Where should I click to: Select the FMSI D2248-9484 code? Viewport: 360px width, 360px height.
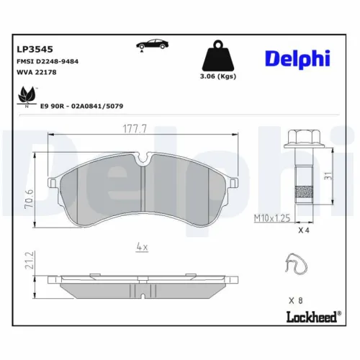click(48, 62)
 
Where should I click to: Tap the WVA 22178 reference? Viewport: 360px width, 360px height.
click(36, 73)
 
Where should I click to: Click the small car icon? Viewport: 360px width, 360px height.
click(149, 45)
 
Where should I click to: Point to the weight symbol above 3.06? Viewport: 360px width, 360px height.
click(218, 55)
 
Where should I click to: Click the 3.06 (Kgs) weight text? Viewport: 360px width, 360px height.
click(219, 76)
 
